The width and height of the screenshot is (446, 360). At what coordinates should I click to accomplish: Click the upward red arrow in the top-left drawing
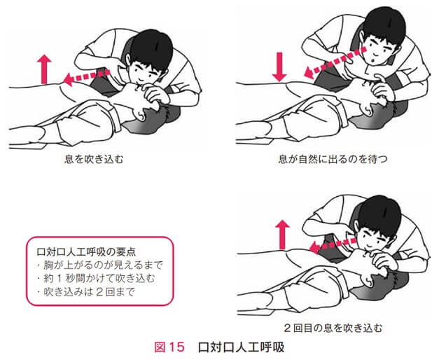coord(44,69)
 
